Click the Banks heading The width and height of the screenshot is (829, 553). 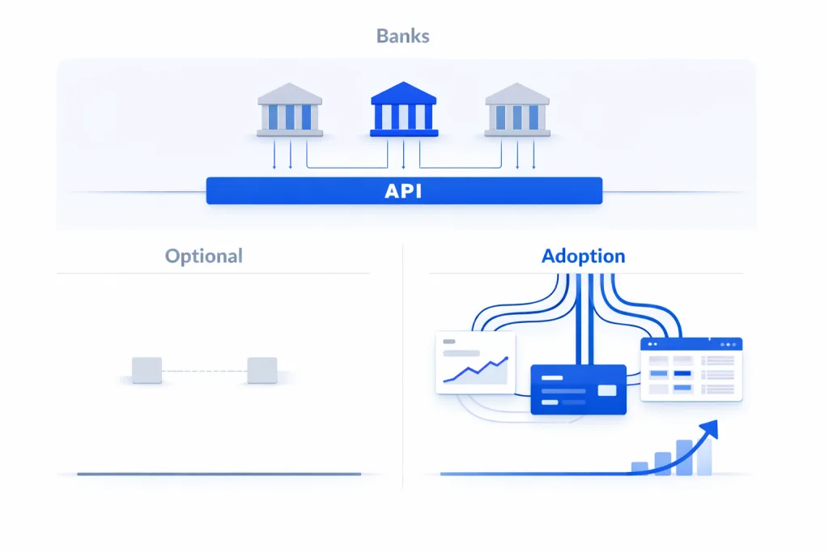click(403, 36)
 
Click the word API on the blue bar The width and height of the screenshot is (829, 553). click(403, 192)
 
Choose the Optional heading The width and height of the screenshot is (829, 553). click(203, 257)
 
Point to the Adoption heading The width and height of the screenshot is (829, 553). click(583, 257)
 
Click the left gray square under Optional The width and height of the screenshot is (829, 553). click(147, 370)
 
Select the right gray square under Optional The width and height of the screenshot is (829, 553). click(261, 370)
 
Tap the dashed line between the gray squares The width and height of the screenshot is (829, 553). click(204, 371)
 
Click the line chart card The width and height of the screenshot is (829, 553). click(475, 363)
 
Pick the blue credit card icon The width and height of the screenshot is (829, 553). click(578, 389)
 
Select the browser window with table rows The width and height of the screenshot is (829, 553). click(691, 369)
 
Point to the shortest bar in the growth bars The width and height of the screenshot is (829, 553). click(640, 468)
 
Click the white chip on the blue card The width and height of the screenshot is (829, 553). click(606, 390)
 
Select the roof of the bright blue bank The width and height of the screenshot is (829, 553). click(403, 92)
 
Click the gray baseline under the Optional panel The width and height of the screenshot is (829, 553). click(219, 474)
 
